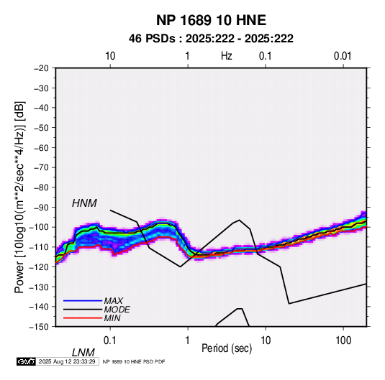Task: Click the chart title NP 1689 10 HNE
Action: point(211,20)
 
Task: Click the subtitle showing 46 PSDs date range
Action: point(211,39)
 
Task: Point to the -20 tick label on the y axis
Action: point(42,68)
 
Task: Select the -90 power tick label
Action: point(42,207)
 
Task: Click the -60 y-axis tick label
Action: point(42,147)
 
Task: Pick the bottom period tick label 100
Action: point(343,340)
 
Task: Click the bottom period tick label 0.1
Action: point(110,340)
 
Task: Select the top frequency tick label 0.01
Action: point(343,56)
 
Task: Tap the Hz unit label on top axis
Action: point(227,56)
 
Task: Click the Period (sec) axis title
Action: point(227,348)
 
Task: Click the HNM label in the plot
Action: point(84,203)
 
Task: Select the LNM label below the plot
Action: point(83,353)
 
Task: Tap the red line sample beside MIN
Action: point(83,318)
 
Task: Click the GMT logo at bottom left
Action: point(26,361)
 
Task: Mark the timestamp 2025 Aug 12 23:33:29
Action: point(67,361)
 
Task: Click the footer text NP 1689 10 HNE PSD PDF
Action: point(134,361)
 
